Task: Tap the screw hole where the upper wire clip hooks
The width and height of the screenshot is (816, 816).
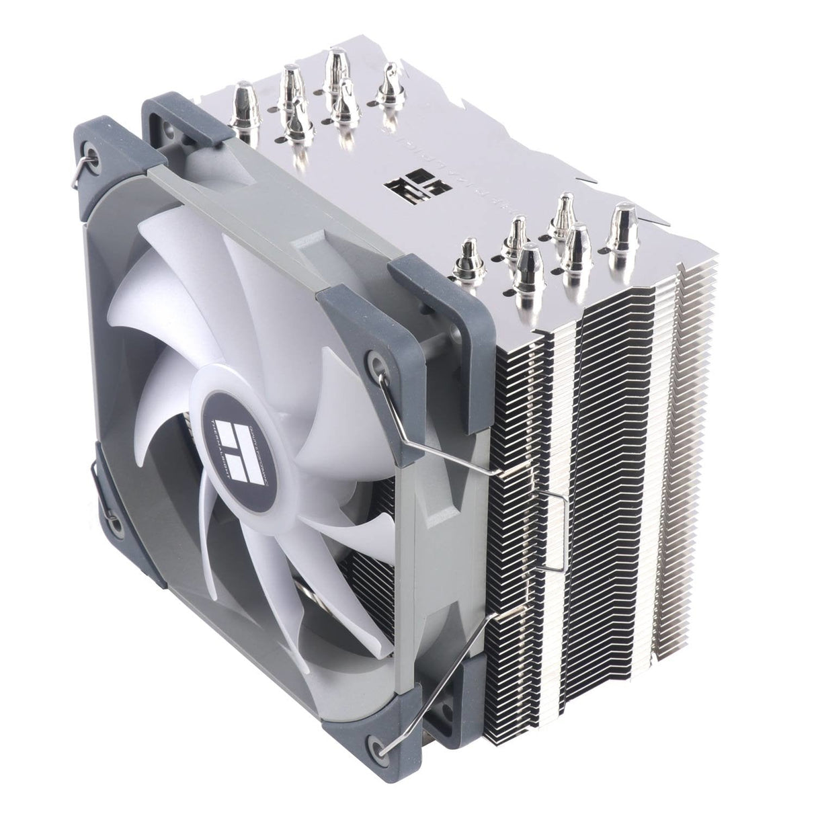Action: point(374,363)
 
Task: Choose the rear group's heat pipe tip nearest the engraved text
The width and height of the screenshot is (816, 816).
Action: point(388,83)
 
